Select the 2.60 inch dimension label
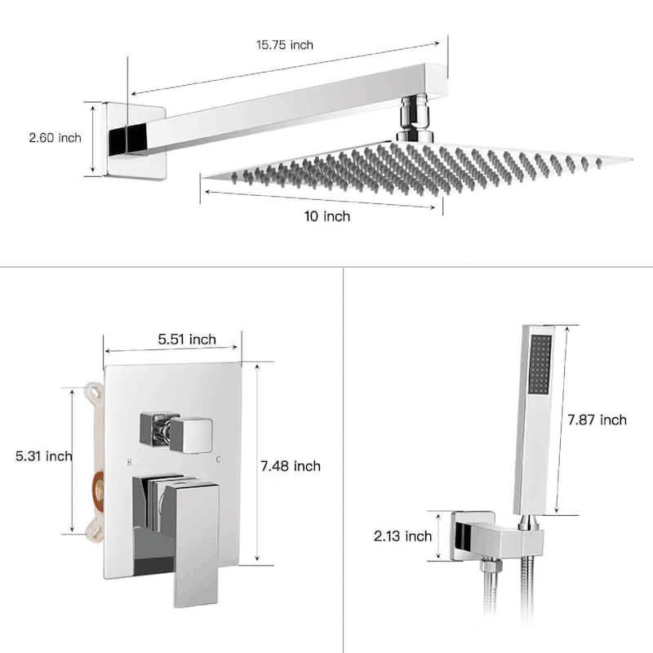click(x=55, y=138)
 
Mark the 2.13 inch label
click(x=402, y=536)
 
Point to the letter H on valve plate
click(x=129, y=462)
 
